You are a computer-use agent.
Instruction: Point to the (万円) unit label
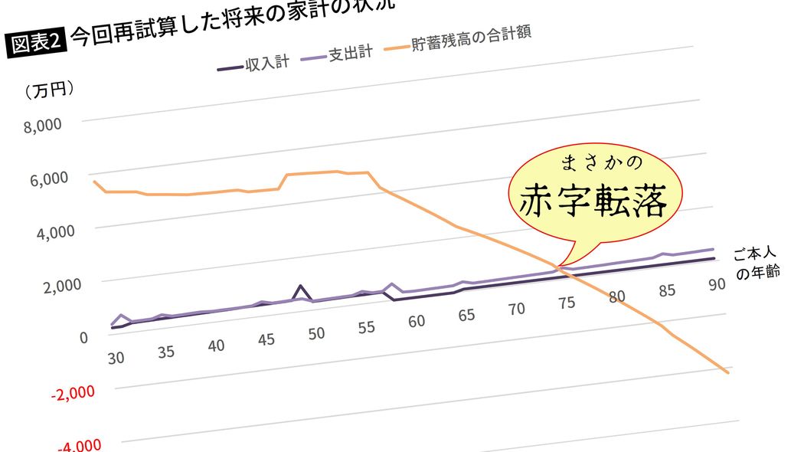tap(50, 90)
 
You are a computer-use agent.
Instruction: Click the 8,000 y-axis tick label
tap(43, 126)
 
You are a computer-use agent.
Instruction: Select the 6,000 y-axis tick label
tap(51, 179)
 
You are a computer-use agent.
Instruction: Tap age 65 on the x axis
tap(466, 315)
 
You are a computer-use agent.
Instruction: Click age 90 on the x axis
tap(717, 284)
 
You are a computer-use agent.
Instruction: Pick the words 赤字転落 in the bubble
tap(590, 201)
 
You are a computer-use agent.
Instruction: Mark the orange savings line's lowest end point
tap(727, 372)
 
